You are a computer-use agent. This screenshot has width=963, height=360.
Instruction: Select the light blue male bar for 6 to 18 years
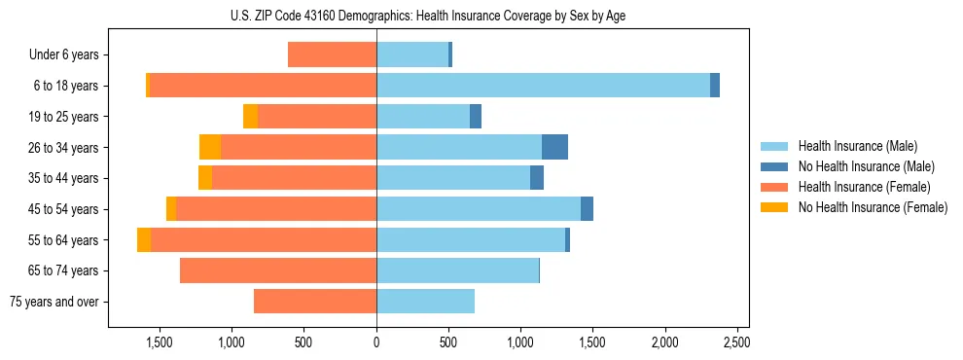coord(543,86)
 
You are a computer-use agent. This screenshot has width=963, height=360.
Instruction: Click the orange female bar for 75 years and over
coord(315,302)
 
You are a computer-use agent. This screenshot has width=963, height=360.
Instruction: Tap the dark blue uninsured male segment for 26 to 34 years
coord(554,147)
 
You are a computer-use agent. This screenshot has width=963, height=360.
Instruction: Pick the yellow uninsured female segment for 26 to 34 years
coord(210,147)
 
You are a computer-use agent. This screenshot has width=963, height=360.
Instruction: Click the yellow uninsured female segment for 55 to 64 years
coord(144,239)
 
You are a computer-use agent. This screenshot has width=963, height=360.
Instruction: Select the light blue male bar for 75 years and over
coord(425,302)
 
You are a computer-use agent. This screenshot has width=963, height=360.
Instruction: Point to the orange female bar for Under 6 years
coord(332,55)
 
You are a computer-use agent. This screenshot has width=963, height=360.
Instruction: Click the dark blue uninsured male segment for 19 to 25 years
coord(476,117)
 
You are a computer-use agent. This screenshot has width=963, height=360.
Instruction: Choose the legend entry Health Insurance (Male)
coord(857,146)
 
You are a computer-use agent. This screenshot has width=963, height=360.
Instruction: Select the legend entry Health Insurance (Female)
coord(864,187)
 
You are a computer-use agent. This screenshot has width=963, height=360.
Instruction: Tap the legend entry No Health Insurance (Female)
coord(873,207)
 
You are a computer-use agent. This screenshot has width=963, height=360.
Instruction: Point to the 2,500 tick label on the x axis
coord(736,343)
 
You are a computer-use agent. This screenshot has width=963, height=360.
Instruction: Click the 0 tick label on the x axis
coord(376,343)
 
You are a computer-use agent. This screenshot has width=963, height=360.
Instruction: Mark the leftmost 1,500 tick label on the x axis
coord(160,343)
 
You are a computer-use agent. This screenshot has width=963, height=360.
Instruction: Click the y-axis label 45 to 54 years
coord(63,209)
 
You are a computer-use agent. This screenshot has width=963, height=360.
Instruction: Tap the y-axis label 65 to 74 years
coord(63,270)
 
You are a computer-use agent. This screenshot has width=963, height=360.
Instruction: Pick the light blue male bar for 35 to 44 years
coord(453,178)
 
